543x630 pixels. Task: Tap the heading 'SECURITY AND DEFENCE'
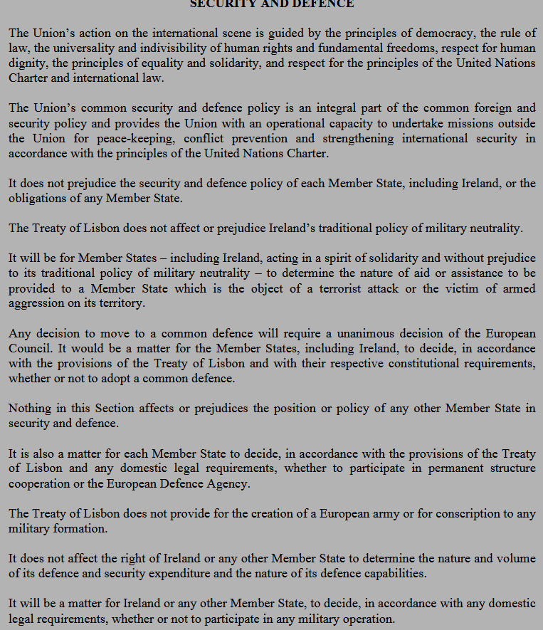coord(271,4)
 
